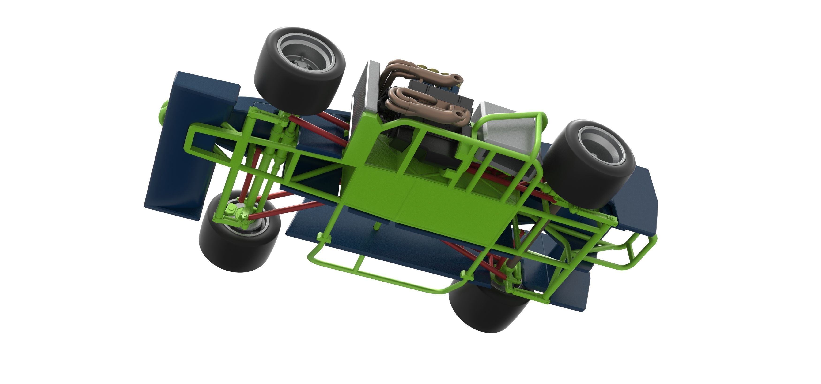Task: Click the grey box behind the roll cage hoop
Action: tap(503, 137)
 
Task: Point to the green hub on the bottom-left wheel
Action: tap(231, 212)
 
